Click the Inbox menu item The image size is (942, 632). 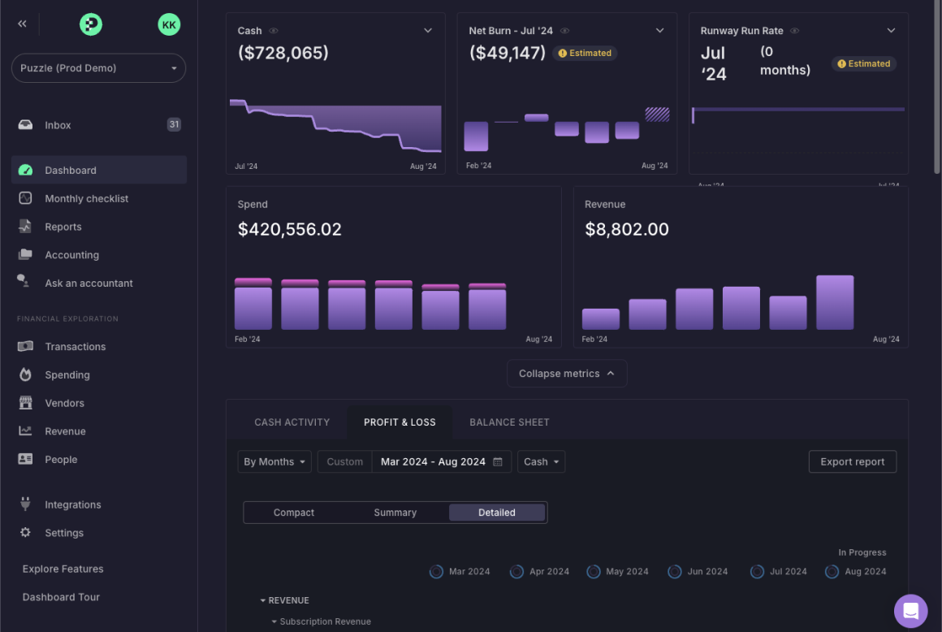pyautogui.click(x=58, y=125)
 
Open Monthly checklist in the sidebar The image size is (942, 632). pyautogui.click(x=86, y=198)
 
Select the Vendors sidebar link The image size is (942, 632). pyautogui.click(x=64, y=403)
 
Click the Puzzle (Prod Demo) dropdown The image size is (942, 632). pyautogui.click(x=98, y=68)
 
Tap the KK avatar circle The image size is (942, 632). pyautogui.click(x=169, y=24)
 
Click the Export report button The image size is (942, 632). pyautogui.click(x=852, y=461)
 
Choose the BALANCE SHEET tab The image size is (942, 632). pyautogui.click(x=509, y=422)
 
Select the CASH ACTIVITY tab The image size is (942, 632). pyautogui.click(x=292, y=422)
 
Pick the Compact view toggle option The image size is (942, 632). pyautogui.click(x=294, y=513)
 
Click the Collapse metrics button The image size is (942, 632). pyautogui.click(x=567, y=374)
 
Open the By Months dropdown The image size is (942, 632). pyautogui.click(x=274, y=461)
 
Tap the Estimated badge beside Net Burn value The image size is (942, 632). pyautogui.click(x=585, y=53)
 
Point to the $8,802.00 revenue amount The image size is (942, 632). pyautogui.click(x=626, y=229)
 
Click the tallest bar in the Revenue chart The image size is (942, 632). pyautogui.click(x=835, y=302)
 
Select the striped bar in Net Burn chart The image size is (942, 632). pyautogui.click(x=657, y=115)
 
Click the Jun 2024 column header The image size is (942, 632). pyautogui.click(x=706, y=572)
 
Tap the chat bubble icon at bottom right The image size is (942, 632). pyautogui.click(x=910, y=611)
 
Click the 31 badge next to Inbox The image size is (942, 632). pyautogui.click(x=174, y=124)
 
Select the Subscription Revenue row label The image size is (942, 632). pyautogui.click(x=325, y=621)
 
